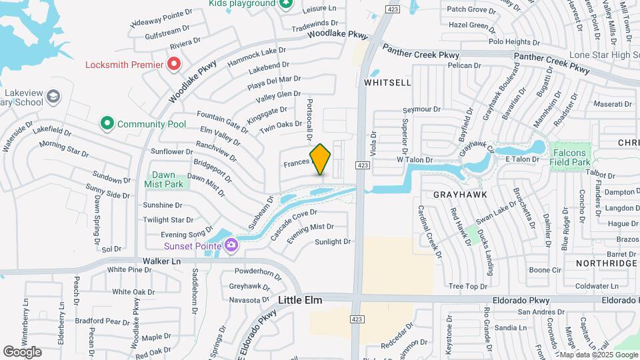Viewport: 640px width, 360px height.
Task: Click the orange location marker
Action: point(320,159)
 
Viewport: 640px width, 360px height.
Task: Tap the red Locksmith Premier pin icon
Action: point(174,64)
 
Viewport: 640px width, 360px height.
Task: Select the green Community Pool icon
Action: point(107,123)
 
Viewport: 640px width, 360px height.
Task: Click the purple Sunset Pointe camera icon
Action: point(231,245)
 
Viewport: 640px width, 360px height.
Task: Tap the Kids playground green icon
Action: point(286,3)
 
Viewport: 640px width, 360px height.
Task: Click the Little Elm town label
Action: point(300,301)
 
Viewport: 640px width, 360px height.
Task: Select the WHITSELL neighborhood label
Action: point(387,82)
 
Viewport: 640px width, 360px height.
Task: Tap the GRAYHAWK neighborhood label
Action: point(460,195)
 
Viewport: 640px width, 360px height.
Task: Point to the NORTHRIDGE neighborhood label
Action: point(606,263)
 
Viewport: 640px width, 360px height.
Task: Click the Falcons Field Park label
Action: point(571,157)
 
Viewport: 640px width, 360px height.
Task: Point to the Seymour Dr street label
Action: point(422,109)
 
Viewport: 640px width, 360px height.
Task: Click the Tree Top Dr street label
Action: point(468,287)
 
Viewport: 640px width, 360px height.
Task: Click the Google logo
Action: point(22,351)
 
